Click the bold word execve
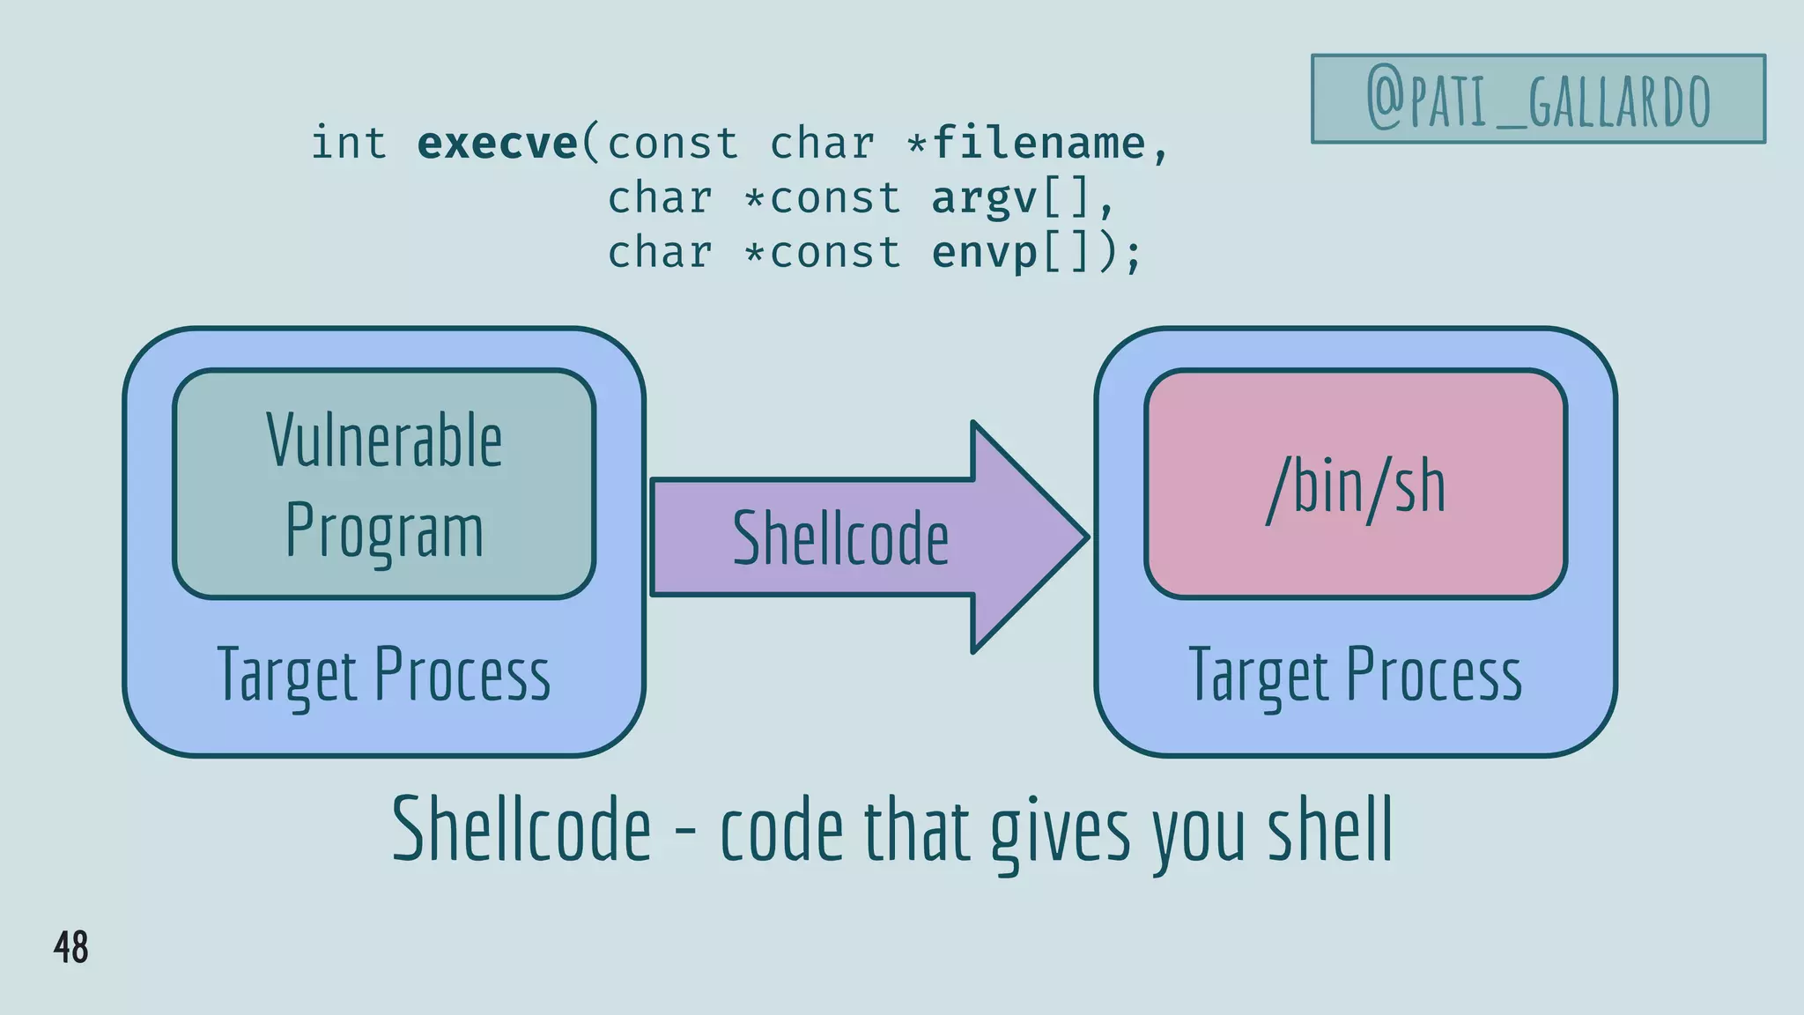tap(497, 144)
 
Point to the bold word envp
tap(985, 254)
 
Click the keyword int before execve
tap(349, 144)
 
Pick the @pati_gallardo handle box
tap(1538, 99)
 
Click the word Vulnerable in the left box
tap(384, 441)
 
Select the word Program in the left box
tap(384, 530)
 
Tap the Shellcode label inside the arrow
tap(840, 538)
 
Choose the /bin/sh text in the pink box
tap(1356, 487)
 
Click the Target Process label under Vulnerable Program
tap(384, 675)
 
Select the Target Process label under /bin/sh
tap(1356, 675)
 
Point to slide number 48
tap(70, 947)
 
